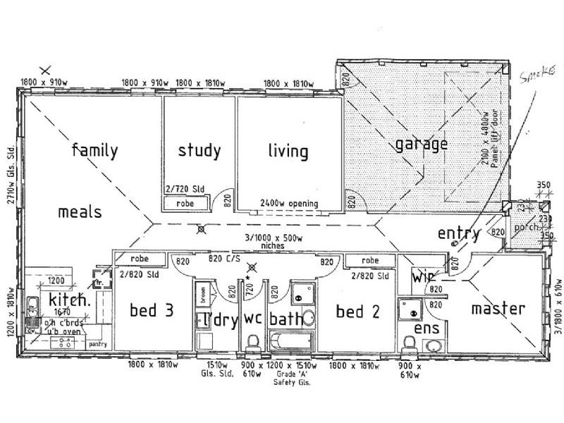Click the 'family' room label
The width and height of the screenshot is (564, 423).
click(94, 150)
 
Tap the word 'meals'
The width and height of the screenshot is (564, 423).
click(80, 211)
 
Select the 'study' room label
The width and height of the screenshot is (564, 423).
click(199, 150)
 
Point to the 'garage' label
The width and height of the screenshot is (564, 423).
click(421, 145)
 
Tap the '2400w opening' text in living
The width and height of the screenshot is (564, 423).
click(289, 204)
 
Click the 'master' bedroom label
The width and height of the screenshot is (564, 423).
click(498, 308)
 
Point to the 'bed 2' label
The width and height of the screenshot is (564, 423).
click(358, 310)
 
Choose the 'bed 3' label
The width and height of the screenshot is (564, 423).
click(152, 310)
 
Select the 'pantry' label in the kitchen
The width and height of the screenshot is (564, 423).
click(97, 345)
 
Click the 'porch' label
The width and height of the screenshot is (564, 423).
click(527, 228)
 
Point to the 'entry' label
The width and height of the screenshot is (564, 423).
click(458, 233)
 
